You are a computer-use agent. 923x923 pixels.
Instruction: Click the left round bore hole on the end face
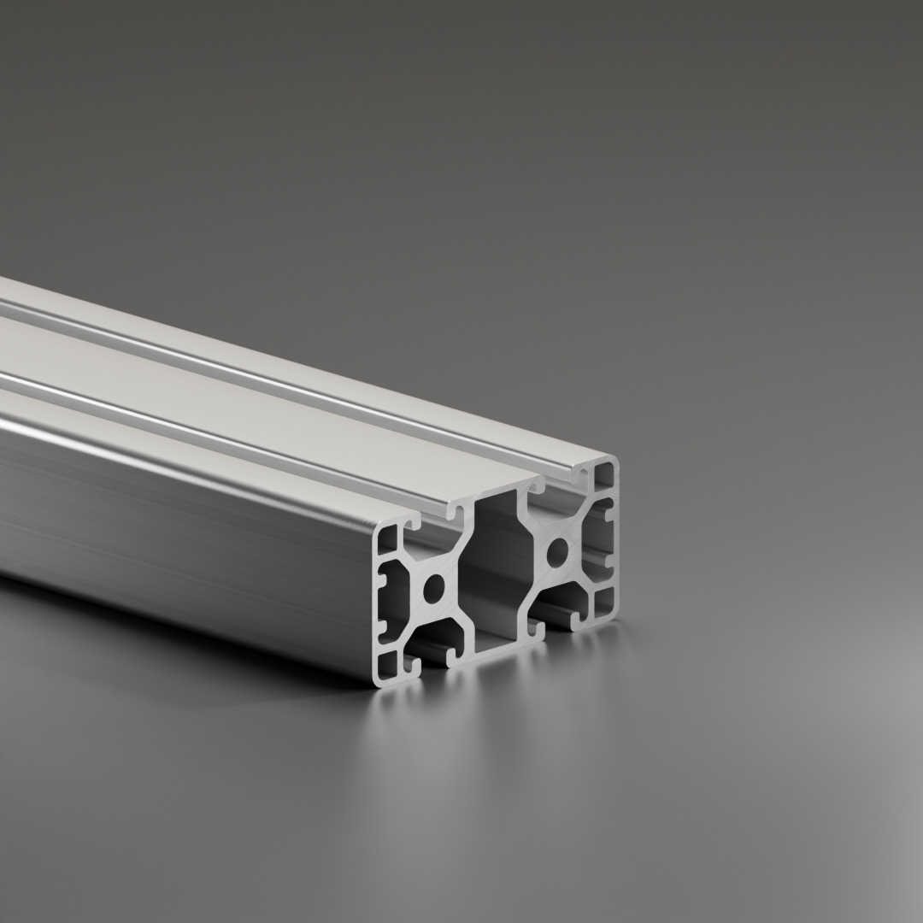click(x=434, y=588)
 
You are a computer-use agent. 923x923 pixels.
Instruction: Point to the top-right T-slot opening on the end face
click(x=561, y=484)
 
